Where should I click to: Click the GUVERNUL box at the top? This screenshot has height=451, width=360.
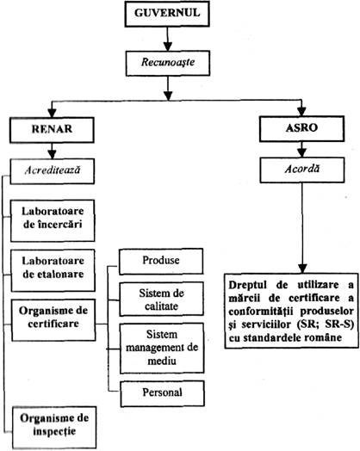click(x=167, y=13)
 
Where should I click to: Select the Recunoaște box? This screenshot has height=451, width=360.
click(x=168, y=64)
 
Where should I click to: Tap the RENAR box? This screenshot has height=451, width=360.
click(x=52, y=130)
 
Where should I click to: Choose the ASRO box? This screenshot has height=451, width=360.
click(x=302, y=128)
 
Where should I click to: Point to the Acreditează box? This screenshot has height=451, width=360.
click(x=53, y=171)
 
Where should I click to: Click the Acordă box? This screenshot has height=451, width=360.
click(x=302, y=170)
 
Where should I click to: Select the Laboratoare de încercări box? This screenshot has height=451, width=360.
click(x=53, y=220)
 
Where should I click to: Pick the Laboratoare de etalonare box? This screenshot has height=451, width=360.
click(x=53, y=270)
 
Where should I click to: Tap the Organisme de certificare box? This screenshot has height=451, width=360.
click(x=53, y=320)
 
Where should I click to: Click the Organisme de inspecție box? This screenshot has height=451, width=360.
click(x=54, y=428)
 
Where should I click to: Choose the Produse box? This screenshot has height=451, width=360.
click(x=161, y=261)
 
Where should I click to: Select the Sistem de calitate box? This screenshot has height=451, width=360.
click(x=161, y=300)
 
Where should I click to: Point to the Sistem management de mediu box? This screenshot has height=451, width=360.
click(x=162, y=348)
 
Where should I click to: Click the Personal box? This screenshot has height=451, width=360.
click(x=163, y=393)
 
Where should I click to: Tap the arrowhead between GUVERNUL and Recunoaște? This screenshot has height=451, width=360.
click(x=167, y=46)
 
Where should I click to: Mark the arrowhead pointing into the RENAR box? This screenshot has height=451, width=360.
click(x=52, y=113)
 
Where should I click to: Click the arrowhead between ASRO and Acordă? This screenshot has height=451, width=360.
click(x=302, y=152)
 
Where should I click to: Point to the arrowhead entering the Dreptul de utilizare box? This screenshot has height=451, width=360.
click(x=302, y=269)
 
